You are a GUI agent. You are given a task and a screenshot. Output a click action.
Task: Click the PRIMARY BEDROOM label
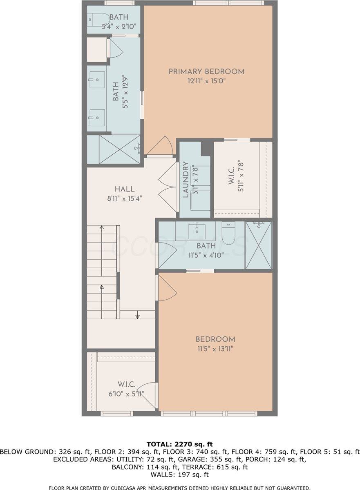[206, 71]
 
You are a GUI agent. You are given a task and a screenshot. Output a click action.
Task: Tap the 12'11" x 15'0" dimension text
[206, 81]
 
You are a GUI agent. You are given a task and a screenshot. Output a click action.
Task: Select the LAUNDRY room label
[186, 180]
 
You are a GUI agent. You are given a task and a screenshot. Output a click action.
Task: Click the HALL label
[125, 189]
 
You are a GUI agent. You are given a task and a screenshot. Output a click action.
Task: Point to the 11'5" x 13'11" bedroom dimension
[215, 349]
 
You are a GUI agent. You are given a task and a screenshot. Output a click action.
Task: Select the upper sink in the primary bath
[97, 80]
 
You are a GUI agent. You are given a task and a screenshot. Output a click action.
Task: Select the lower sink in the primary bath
[97, 118]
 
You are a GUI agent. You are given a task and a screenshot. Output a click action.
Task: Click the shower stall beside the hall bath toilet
[258, 245]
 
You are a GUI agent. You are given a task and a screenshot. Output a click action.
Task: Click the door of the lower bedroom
[167, 288]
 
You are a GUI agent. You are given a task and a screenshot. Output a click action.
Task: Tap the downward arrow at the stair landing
[138, 315]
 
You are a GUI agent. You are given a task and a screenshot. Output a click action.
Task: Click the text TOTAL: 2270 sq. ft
[180, 444]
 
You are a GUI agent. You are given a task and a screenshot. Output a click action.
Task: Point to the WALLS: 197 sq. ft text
[180, 474]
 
